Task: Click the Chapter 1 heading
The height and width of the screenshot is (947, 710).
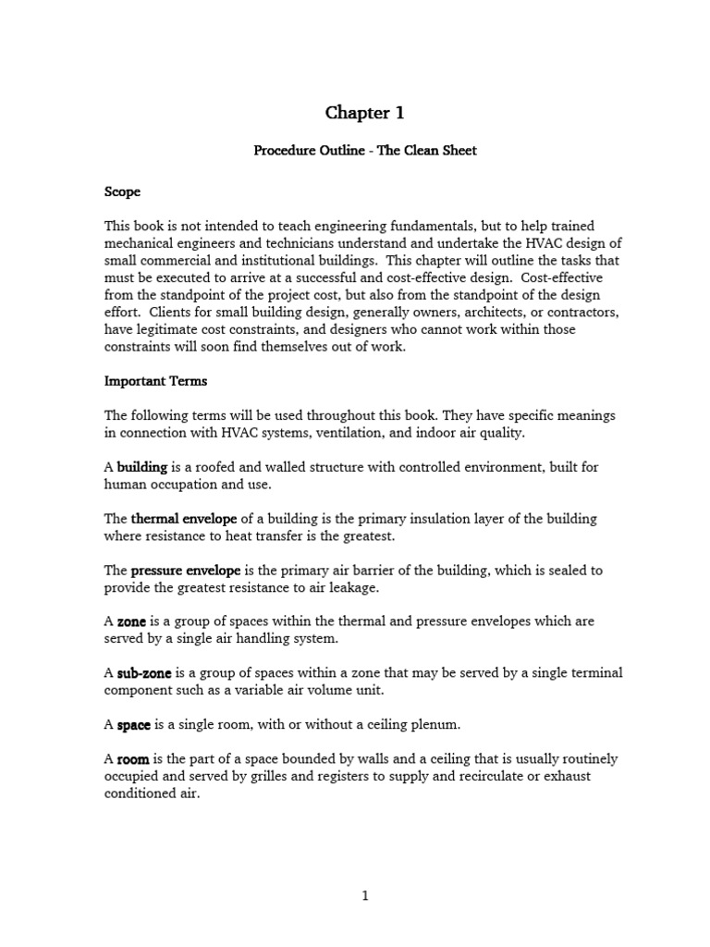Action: tap(364, 113)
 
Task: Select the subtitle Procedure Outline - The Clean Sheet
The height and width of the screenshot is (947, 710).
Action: tap(365, 150)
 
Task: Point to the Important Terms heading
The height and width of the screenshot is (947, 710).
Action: tap(155, 381)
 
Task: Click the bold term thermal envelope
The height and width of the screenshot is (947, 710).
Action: tap(184, 518)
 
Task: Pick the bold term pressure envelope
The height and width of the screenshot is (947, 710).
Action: tap(186, 571)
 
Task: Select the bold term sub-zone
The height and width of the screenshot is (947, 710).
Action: tap(142, 673)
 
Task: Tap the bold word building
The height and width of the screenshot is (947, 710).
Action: tap(141, 467)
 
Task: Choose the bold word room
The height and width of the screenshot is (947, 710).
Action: tap(133, 759)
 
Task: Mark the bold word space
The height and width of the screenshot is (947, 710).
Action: tap(134, 725)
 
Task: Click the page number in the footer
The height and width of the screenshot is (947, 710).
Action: tap(365, 895)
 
